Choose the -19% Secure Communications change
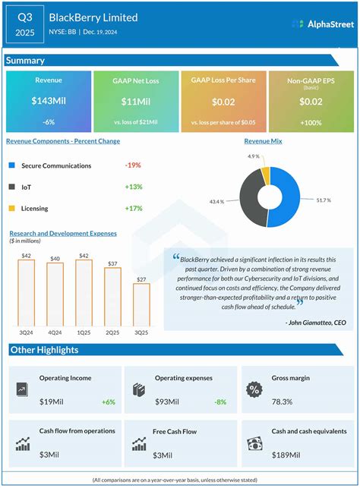click(x=132, y=165)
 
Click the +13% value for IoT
click(x=132, y=186)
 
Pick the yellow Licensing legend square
click(x=11, y=207)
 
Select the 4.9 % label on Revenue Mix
click(x=254, y=156)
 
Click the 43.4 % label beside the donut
click(x=218, y=201)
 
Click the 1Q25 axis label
click(x=84, y=331)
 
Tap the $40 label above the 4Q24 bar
click(x=55, y=259)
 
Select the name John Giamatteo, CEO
click(x=316, y=323)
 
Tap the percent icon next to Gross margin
click(x=254, y=389)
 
